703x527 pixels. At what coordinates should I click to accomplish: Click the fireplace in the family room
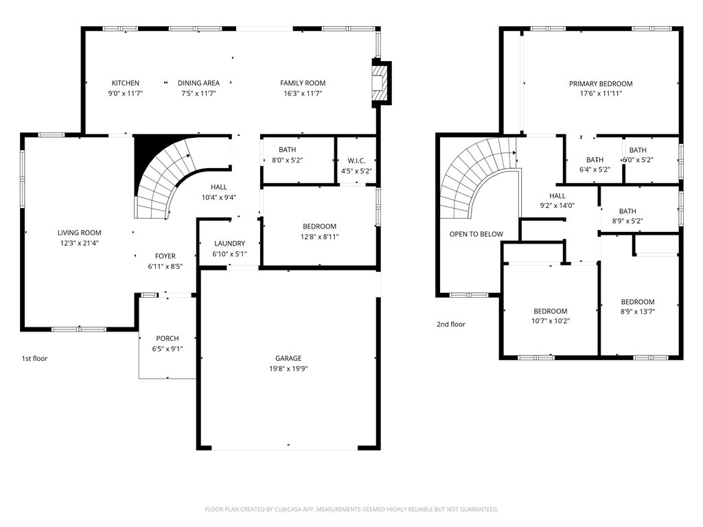(379, 83)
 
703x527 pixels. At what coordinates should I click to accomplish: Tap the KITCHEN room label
(126, 83)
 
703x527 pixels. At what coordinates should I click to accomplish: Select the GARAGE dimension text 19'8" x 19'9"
(288, 368)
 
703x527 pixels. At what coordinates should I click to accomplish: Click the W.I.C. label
(356, 161)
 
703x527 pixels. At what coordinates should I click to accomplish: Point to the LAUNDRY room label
(229, 244)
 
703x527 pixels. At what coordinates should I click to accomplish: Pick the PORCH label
(168, 338)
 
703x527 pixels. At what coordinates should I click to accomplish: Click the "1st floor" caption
(34, 358)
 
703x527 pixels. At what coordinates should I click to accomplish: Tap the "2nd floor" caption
(451, 324)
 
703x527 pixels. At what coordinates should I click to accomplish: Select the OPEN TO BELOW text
(476, 234)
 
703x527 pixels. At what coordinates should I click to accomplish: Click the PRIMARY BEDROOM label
(601, 83)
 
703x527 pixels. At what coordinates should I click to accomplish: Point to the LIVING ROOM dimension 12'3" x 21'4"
(80, 244)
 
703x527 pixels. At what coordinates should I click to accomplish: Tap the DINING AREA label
(198, 83)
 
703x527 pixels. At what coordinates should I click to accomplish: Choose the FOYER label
(165, 256)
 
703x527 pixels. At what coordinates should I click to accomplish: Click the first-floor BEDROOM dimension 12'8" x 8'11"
(320, 237)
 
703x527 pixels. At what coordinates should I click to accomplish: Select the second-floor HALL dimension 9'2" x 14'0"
(557, 206)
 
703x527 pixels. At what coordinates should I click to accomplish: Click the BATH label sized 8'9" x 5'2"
(627, 211)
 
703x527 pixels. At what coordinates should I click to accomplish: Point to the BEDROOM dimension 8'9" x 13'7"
(638, 312)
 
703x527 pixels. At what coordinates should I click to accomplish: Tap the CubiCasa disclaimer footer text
(351, 510)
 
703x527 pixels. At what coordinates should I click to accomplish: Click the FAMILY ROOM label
(303, 83)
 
